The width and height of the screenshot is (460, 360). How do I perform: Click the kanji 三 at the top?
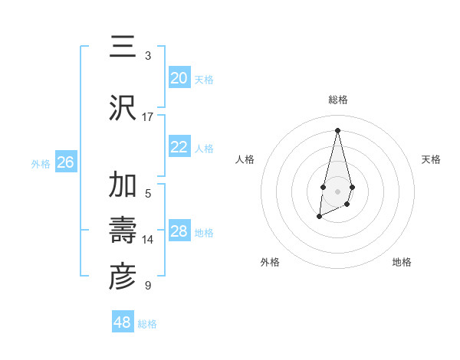[x=123, y=47]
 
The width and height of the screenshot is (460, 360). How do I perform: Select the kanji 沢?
[x=123, y=106]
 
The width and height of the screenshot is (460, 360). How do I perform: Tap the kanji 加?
[x=123, y=185]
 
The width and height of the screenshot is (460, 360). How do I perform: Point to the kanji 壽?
[x=123, y=230]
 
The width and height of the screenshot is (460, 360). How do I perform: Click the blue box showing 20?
[x=179, y=78]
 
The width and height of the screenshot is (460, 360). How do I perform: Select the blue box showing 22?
[x=179, y=147]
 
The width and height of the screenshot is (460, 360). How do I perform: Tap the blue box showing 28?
[x=179, y=231]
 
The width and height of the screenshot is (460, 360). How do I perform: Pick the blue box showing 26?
[x=65, y=162]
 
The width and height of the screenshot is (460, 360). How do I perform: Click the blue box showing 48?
[x=122, y=322]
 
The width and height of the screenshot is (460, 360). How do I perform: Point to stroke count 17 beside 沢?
[x=148, y=116]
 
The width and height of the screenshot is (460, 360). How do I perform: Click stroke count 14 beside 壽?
[x=148, y=240]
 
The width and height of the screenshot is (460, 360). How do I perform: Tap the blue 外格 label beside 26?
[x=41, y=163]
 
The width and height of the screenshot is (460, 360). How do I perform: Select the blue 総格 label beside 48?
[x=147, y=324]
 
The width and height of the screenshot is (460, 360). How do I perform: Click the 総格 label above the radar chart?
[x=337, y=100]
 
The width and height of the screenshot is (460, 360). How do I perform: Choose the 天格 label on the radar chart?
[x=431, y=159]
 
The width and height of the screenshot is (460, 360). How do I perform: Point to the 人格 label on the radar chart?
[x=245, y=159]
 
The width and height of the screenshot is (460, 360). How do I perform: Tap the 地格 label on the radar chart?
[x=402, y=262]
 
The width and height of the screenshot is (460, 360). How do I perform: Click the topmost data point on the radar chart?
[x=337, y=131]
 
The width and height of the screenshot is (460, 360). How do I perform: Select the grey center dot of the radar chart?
[x=337, y=190]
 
